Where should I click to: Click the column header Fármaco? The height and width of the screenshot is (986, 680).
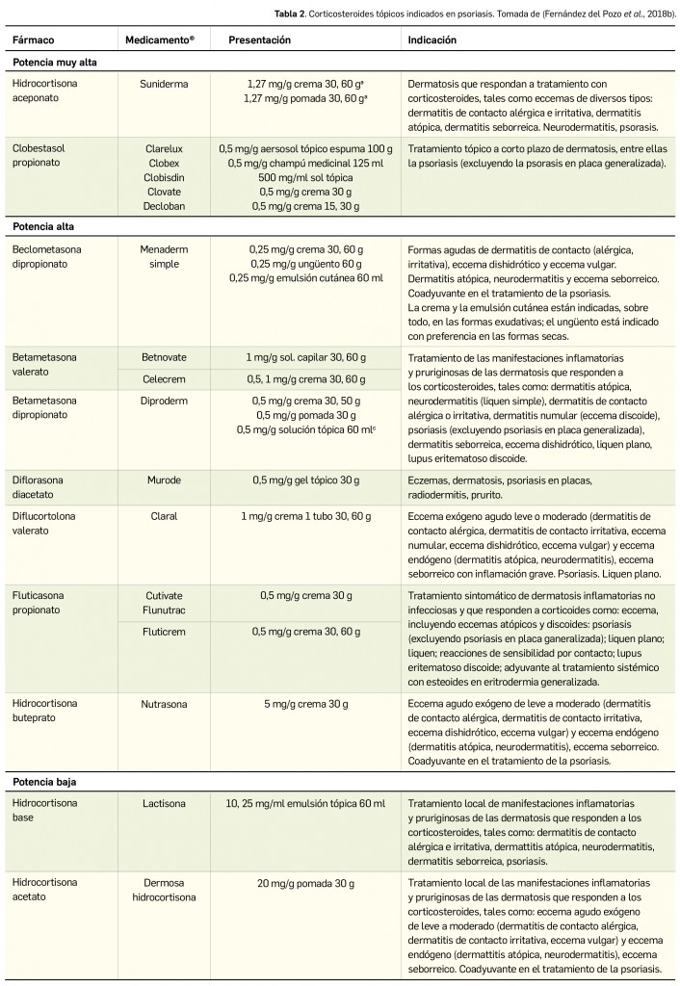coord(35,40)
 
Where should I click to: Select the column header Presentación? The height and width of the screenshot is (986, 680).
coord(259,40)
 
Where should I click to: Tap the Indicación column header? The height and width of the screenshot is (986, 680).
coord(432,40)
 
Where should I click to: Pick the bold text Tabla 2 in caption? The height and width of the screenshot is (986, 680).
coord(409,11)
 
